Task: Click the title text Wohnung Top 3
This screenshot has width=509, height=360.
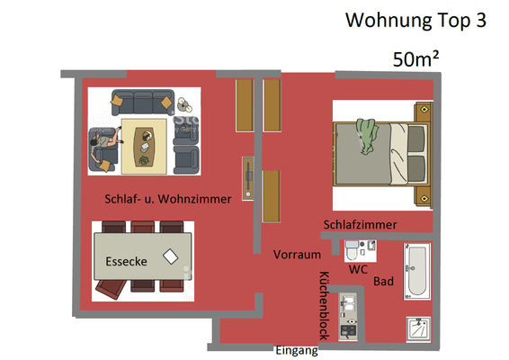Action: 415,21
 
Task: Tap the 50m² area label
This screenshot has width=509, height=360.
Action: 415,58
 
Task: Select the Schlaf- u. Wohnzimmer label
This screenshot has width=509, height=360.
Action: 168,199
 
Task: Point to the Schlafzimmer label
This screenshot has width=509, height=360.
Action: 360,224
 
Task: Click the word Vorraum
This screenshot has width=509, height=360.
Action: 297,255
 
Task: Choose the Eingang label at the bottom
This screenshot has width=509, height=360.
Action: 297,350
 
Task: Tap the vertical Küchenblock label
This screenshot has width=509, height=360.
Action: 325,305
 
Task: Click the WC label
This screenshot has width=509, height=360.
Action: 358,269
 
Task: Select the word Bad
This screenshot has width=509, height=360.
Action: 383,281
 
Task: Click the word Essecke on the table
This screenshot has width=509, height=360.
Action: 126,261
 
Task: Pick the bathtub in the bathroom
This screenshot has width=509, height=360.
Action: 417,271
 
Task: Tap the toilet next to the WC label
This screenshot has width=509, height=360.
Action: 352,250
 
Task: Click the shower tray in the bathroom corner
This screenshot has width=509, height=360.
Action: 418,329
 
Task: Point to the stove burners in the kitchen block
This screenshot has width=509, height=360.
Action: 348,331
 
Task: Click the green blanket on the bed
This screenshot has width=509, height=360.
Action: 367,136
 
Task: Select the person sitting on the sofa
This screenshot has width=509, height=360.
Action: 104,145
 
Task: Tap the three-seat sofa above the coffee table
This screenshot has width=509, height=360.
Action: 143,103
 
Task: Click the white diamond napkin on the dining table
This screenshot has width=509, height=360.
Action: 171,256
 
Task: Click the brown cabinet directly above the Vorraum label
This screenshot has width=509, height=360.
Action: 271,196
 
